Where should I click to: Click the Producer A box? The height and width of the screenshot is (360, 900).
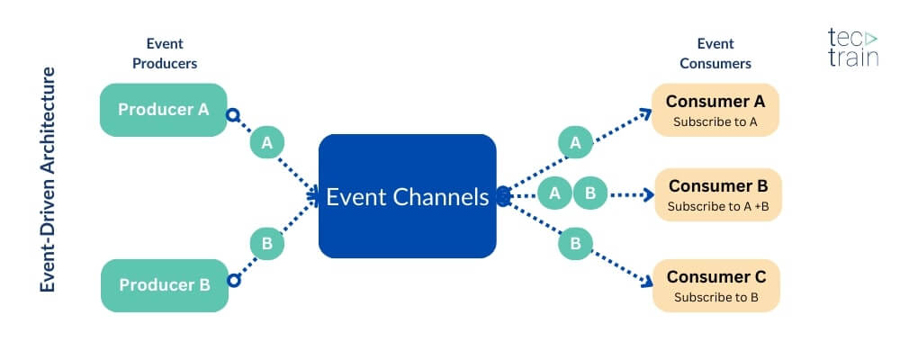click(x=164, y=110)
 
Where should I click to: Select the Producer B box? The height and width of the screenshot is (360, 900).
click(x=164, y=285)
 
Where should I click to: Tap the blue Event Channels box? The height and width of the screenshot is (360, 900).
click(x=407, y=196)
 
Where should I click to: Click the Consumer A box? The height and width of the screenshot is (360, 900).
click(x=715, y=110)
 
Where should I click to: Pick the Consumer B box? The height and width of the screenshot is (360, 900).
click(x=717, y=195)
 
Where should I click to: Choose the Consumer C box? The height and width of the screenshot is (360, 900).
click(x=716, y=285)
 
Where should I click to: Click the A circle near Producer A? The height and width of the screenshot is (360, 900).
click(x=265, y=142)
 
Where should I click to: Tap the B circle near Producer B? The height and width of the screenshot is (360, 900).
click(x=266, y=243)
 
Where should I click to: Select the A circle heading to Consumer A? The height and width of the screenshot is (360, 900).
click(x=575, y=142)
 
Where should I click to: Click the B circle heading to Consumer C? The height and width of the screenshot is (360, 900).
click(x=575, y=243)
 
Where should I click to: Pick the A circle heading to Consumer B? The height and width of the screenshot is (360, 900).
click(x=555, y=193)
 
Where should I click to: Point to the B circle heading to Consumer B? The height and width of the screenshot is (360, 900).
click(x=590, y=193)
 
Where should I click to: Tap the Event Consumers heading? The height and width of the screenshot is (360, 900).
click(x=715, y=53)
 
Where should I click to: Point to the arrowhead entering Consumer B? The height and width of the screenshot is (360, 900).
click(x=646, y=193)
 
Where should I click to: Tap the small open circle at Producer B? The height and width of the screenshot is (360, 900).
click(x=233, y=281)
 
